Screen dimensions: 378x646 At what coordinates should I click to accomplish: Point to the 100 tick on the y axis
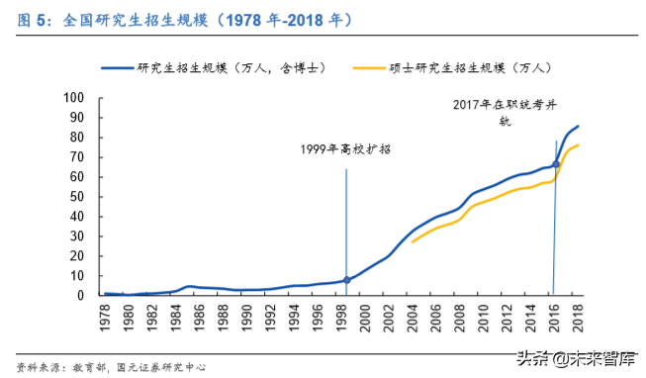(x=75, y=98)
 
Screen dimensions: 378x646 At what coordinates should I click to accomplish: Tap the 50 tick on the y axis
(x=78, y=197)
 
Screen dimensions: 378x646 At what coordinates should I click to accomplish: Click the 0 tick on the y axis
(x=82, y=295)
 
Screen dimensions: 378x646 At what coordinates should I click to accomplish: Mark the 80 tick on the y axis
(x=78, y=138)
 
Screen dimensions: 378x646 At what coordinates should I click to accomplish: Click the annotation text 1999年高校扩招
(x=346, y=149)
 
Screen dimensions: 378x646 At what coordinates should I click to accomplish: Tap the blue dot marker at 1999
(x=346, y=280)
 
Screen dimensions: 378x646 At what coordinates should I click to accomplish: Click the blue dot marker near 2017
(x=556, y=164)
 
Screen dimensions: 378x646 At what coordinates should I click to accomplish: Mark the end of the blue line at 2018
(x=579, y=126)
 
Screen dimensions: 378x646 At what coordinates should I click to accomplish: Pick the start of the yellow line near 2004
(x=413, y=241)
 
